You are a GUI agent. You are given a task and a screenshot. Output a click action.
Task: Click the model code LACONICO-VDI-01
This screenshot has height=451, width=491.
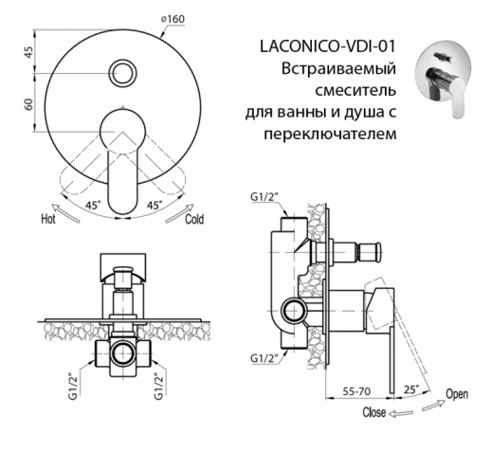tap(326, 46)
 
